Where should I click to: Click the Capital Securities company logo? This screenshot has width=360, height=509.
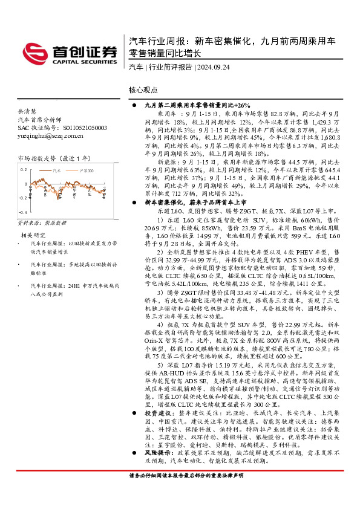(70, 52)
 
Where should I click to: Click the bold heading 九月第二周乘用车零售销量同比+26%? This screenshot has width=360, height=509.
(194, 105)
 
